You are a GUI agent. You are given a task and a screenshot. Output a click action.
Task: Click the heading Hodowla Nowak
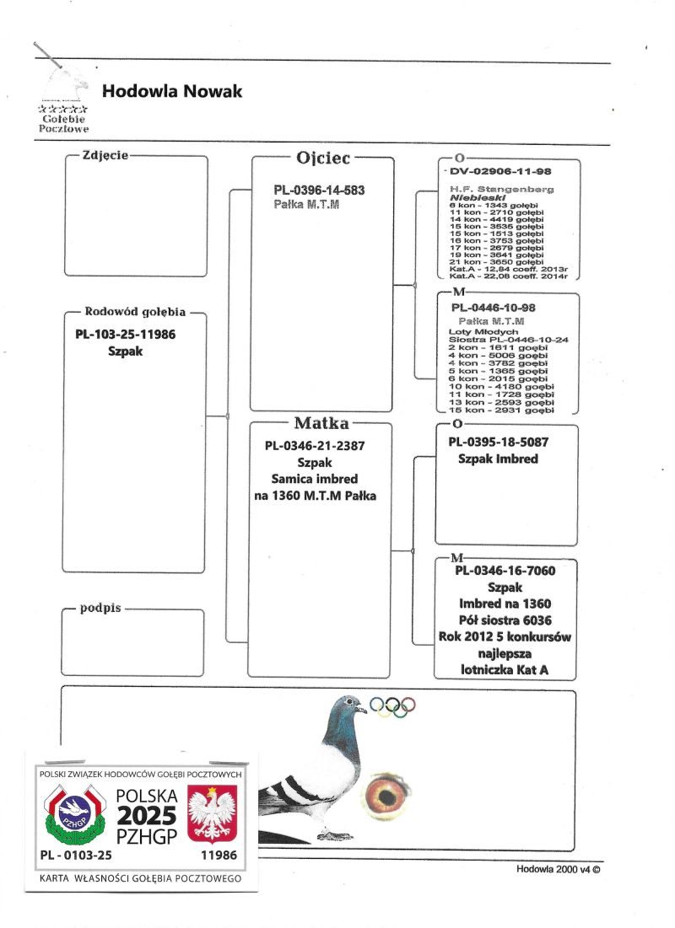(x=171, y=91)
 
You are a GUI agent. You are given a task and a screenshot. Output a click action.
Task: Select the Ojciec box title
(x=323, y=158)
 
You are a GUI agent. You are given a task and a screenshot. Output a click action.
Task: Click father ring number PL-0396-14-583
(x=319, y=190)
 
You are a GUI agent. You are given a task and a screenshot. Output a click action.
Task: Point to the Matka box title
(x=321, y=422)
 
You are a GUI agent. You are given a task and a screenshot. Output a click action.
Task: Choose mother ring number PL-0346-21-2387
(x=315, y=446)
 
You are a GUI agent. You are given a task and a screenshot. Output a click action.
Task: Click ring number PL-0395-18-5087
(x=497, y=442)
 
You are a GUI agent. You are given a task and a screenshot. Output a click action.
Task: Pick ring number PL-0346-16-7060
(x=505, y=571)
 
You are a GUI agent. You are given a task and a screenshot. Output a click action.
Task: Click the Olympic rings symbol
(x=393, y=706)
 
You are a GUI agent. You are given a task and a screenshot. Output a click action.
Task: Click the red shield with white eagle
(x=210, y=815)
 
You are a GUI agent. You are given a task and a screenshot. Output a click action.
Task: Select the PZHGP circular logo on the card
(x=73, y=813)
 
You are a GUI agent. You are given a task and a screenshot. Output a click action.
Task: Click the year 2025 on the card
(x=146, y=815)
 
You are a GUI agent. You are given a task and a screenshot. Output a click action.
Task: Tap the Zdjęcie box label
(x=105, y=155)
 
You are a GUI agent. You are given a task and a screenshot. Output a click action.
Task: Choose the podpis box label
(x=101, y=607)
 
